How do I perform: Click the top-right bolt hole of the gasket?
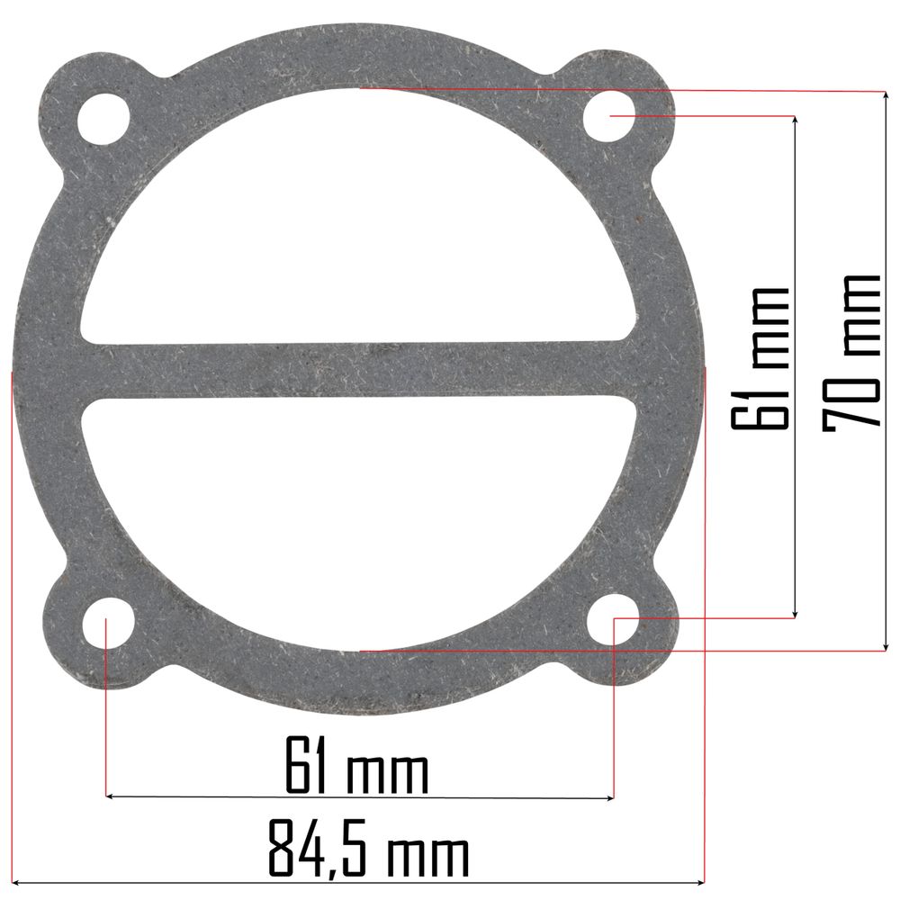609,116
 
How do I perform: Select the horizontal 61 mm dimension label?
357,765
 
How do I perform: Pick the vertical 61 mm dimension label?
759,358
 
